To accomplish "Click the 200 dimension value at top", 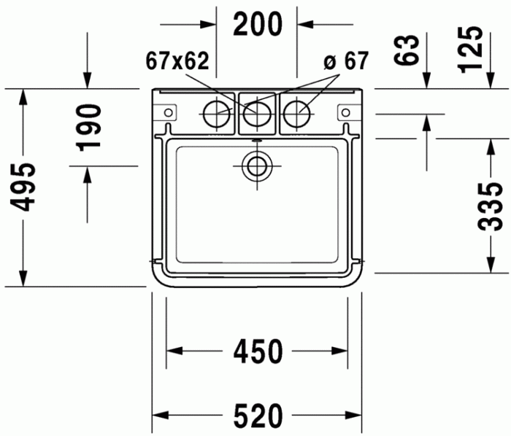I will coord(257,25).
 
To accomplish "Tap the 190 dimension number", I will coord(90,126).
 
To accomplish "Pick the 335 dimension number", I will coord(493,206).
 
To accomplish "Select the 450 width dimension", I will coord(257,352).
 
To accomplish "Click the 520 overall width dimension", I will coord(257,416).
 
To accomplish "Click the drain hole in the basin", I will coord(256,166).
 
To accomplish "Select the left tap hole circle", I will coord(216,112).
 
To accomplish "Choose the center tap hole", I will coord(256,113).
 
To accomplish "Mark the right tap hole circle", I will coord(296,112).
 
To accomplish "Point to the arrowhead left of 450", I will coord(173,352).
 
